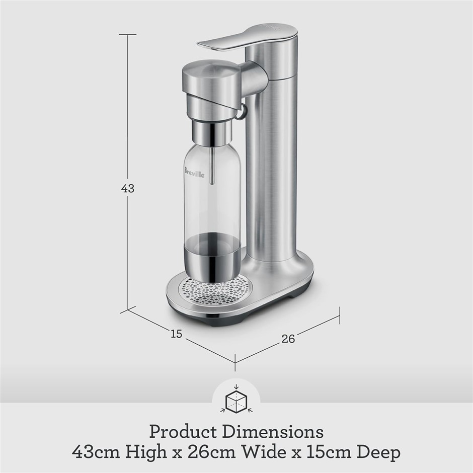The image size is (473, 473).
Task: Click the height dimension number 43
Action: point(128,188)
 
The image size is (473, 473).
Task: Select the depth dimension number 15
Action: point(177,334)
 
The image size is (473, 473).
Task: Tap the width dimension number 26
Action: point(288,339)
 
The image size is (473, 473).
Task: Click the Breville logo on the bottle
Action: point(194,172)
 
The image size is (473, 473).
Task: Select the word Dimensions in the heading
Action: point(273,432)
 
